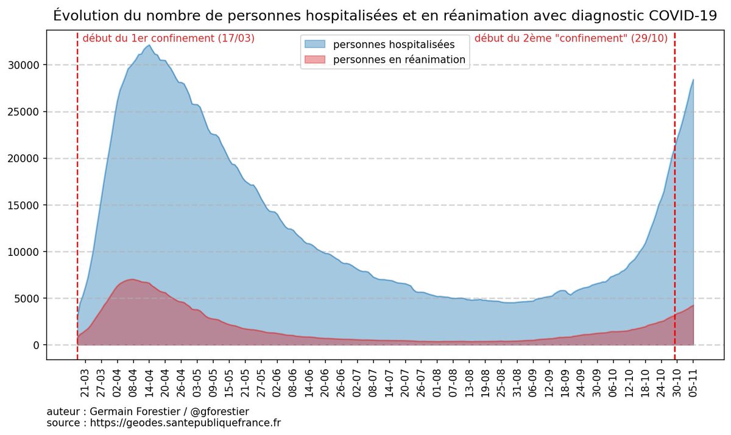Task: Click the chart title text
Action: (x=385, y=15)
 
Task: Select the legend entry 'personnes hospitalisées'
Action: (x=394, y=44)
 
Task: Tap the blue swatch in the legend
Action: (x=316, y=44)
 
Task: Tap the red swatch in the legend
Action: (x=316, y=60)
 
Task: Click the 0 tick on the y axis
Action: (x=36, y=345)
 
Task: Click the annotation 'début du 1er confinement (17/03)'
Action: (x=168, y=38)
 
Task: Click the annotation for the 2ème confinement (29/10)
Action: (x=571, y=38)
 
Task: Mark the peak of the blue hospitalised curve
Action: (x=149, y=45)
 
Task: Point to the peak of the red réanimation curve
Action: (x=132, y=280)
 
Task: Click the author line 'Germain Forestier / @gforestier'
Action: (x=147, y=412)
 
